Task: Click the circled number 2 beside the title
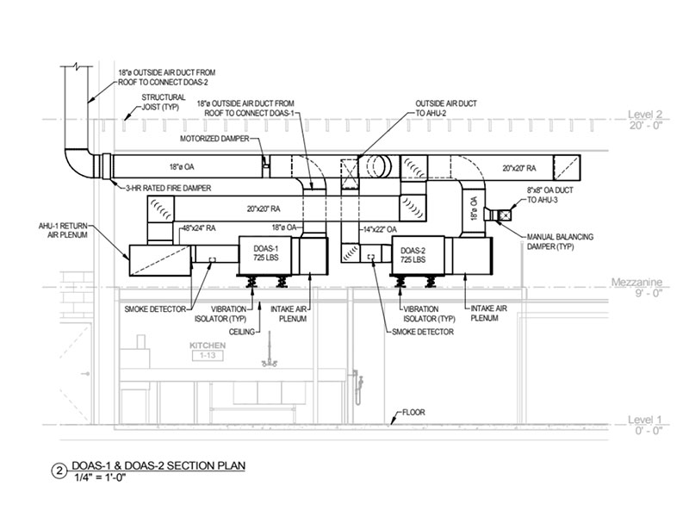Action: (58, 470)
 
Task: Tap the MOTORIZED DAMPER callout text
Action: (214, 138)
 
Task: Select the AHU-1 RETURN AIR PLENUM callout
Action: (59, 227)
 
